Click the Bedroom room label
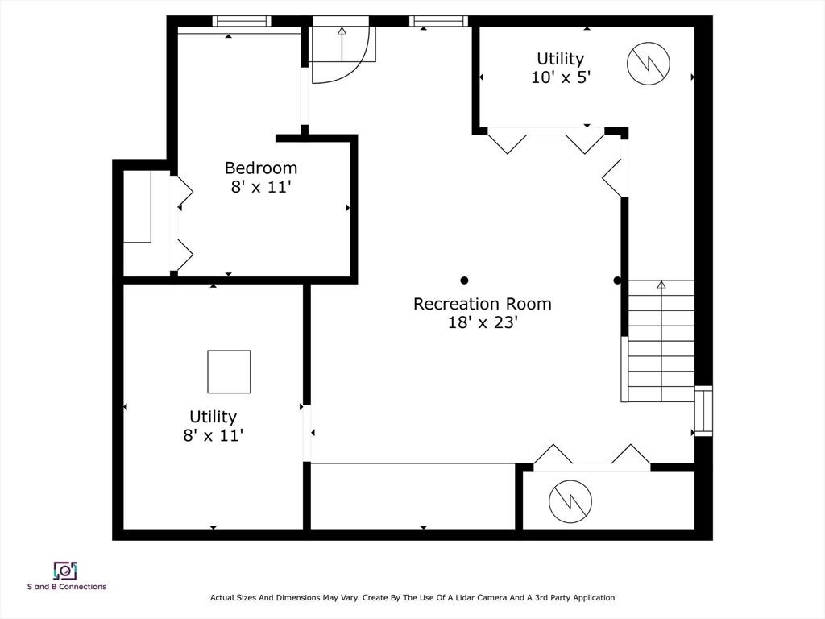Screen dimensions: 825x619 (261, 168)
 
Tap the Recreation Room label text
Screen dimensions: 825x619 (483, 304)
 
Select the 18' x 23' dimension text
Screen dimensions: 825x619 (483, 322)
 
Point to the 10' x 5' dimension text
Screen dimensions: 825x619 (561, 77)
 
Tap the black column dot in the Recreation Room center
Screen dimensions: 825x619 (464, 280)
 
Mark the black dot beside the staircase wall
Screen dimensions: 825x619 (617, 280)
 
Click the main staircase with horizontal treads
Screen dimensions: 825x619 (661, 341)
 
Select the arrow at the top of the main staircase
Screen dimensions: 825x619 (661, 285)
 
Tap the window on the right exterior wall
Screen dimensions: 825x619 (703, 410)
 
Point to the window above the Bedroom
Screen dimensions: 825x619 (242, 21)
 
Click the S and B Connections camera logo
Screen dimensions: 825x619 (65, 571)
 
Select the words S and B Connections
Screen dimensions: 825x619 (67, 587)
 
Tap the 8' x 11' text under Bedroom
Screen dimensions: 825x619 (261, 187)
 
